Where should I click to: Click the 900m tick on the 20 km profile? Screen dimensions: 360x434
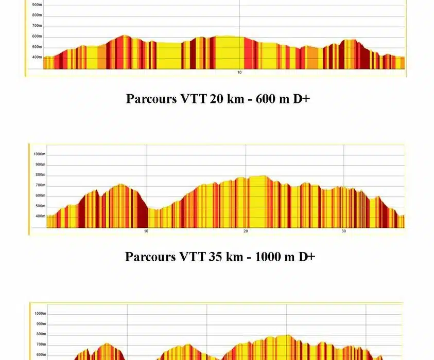coord(37,5)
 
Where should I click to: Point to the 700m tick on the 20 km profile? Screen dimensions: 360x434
coord(37,26)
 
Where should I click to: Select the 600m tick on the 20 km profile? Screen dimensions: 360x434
coord(37,36)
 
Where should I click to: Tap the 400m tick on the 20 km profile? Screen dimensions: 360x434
coord(37,57)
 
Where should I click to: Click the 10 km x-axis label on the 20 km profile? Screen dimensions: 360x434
coord(239,73)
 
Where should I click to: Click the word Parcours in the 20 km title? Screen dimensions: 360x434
coord(151,99)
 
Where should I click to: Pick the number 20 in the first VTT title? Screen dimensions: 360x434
coord(216,99)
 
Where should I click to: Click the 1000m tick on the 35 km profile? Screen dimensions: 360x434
coord(40,154)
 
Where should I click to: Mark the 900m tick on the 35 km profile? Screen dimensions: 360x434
coord(40,165)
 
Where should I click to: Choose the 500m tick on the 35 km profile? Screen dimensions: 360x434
coord(40,206)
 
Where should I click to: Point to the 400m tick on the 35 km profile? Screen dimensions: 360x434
coord(40,216)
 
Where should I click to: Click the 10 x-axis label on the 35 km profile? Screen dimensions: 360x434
coord(146,231)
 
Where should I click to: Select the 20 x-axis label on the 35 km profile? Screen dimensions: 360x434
coord(246,231)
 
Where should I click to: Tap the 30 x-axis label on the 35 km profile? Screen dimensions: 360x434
coord(344,231)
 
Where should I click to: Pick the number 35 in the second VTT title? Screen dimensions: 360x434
coord(216,257)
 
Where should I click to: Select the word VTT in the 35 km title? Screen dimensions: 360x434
coord(193,257)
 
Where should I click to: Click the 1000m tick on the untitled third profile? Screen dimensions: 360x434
coord(40,313)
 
